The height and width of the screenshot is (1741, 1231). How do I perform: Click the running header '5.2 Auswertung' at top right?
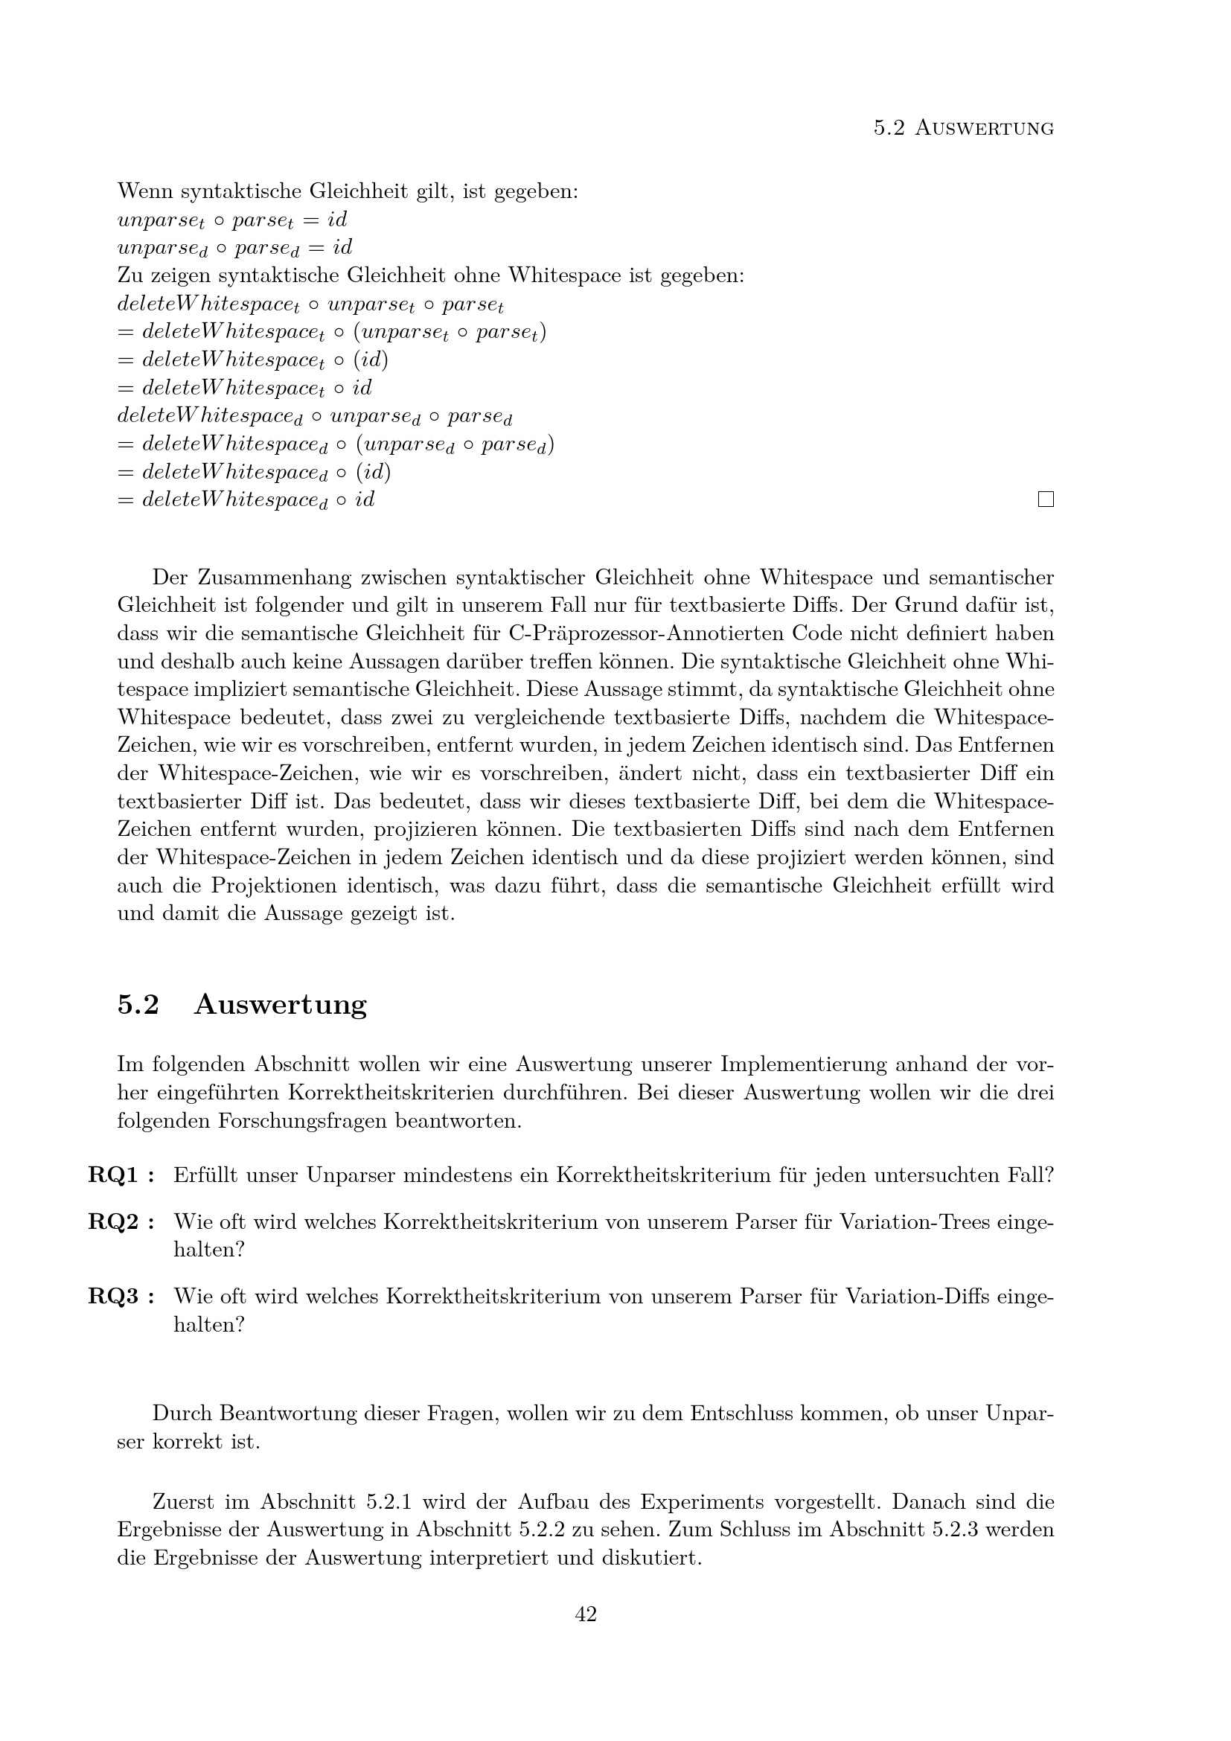pyautogui.click(x=963, y=129)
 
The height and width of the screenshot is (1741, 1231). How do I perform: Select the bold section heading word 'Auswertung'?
pyautogui.click(x=281, y=1004)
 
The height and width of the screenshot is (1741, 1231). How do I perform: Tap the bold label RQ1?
pyautogui.click(x=114, y=1175)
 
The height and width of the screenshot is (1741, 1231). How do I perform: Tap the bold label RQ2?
pyautogui.click(x=114, y=1221)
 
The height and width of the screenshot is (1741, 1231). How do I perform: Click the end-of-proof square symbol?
pyautogui.click(x=1046, y=499)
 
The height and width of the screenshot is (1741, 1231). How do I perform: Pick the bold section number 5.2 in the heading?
pyautogui.click(x=138, y=1004)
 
